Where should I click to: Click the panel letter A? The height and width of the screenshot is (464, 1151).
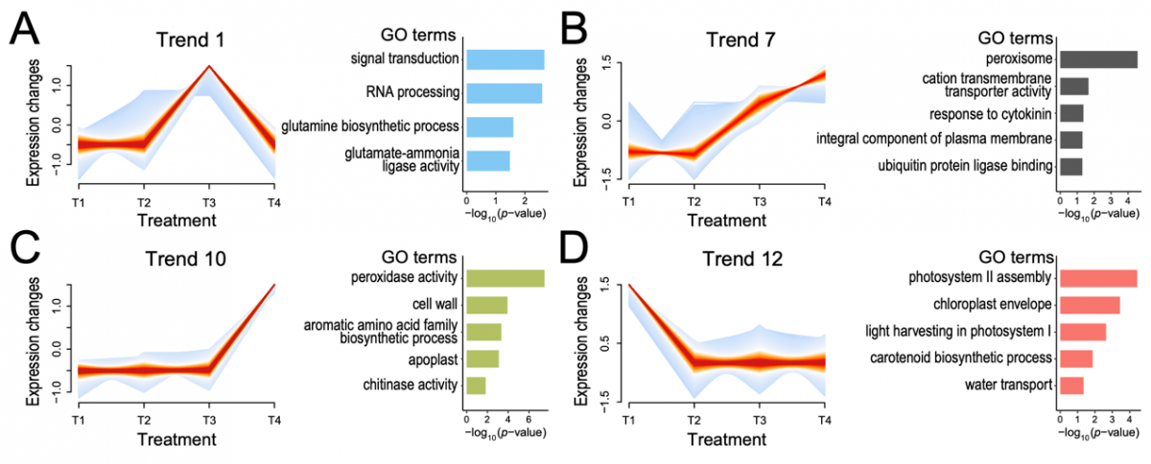pyautogui.click(x=26, y=32)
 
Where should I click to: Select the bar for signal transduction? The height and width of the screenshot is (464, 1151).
pyautogui.click(x=505, y=59)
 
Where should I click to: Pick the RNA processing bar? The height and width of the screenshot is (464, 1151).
pyautogui.click(x=504, y=93)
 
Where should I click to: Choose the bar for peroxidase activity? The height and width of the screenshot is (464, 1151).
pyautogui.click(x=505, y=279)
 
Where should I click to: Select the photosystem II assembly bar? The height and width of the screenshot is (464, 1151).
pyautogui.click(x=1097, y=279)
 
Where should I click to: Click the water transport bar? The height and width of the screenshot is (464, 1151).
pyautogui.click(x=1071, y=385)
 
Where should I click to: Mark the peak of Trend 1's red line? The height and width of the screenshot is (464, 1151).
pyautogui.click(x=209, y=66)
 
